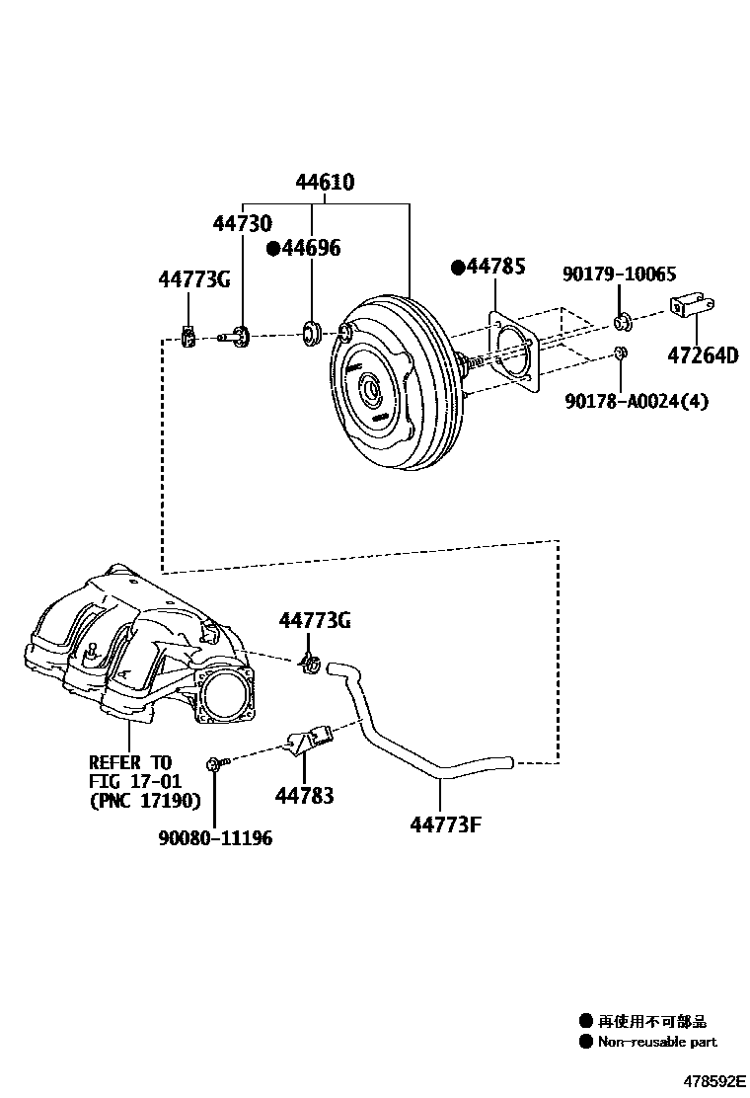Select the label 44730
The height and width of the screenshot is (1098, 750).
(x=242, y=225)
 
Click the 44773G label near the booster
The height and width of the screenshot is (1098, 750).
(x=194, y=280)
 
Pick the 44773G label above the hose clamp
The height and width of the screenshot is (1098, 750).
(x=315, y=620)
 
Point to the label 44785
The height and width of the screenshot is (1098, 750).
(x=488, y=267)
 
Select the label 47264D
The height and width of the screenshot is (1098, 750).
(x=702, y=355)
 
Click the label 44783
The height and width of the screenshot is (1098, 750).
(x=306, y=794)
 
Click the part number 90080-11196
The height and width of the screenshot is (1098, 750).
(x=215, y=838)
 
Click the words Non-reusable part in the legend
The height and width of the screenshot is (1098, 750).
(x=657, y=1042)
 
